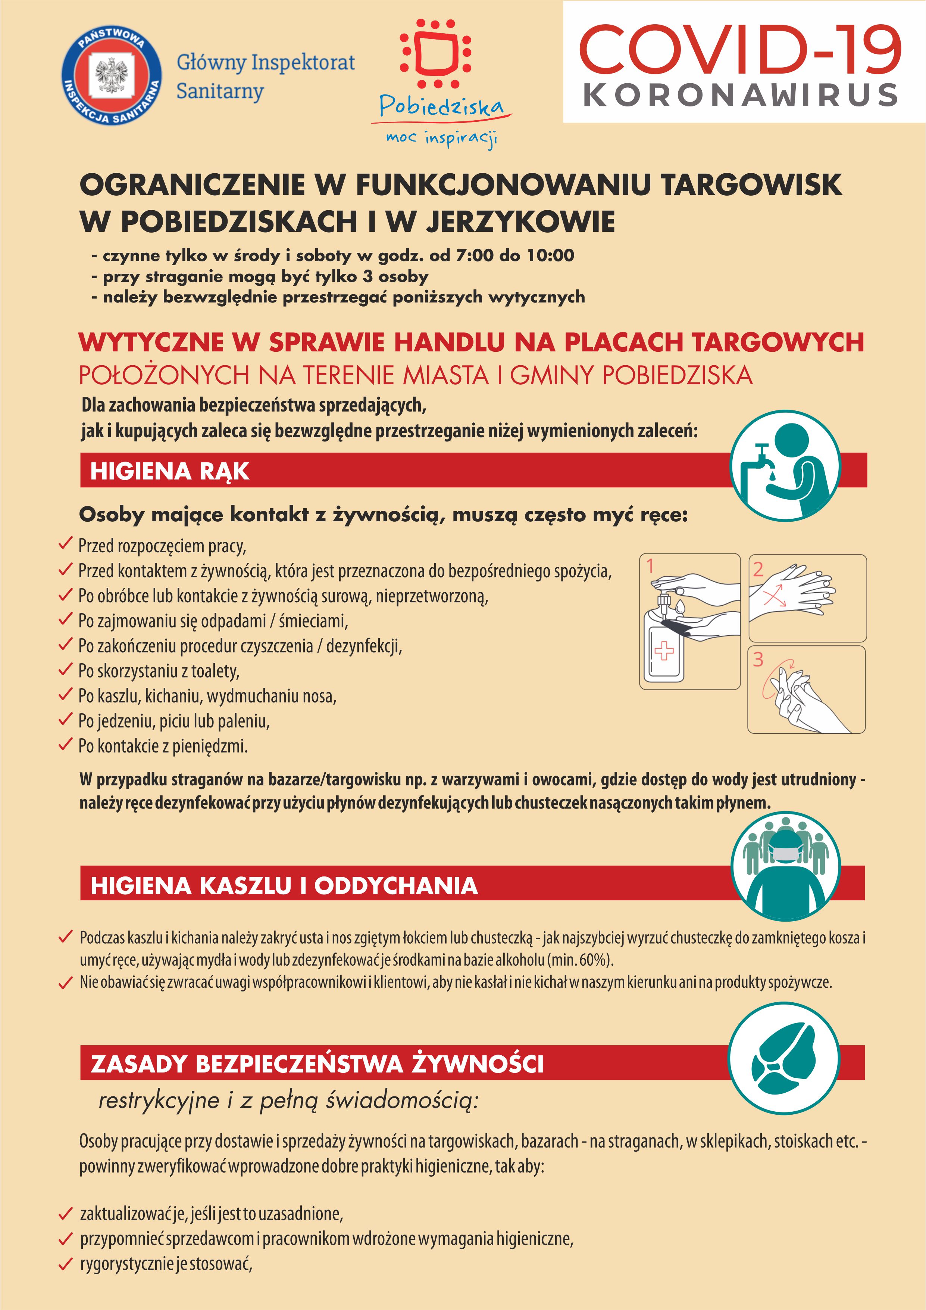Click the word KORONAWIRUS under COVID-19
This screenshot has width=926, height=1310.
click(741, 95)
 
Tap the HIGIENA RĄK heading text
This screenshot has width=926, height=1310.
click(169, 471)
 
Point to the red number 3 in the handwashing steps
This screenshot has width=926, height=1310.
click(758, 659)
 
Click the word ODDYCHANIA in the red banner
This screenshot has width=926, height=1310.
click(396, 885)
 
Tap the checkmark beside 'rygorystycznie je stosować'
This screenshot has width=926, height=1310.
click(66, 1264)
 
